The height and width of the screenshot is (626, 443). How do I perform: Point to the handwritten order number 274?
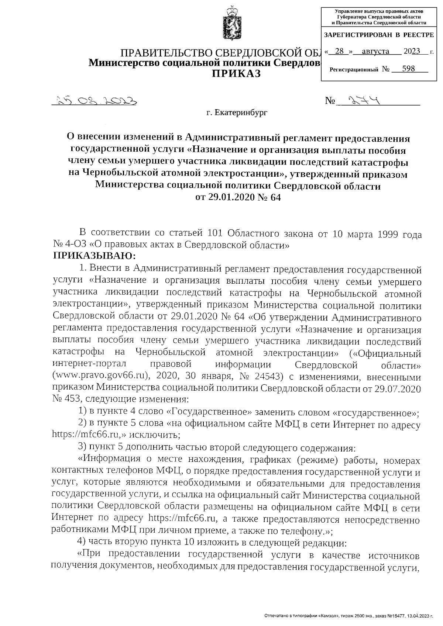tap(362, 100)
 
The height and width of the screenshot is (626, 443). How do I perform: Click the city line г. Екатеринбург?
tap(237, 113)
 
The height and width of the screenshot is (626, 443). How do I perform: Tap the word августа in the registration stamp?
tap(376, 51)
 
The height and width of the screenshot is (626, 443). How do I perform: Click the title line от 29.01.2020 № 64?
tap(238, 197)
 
